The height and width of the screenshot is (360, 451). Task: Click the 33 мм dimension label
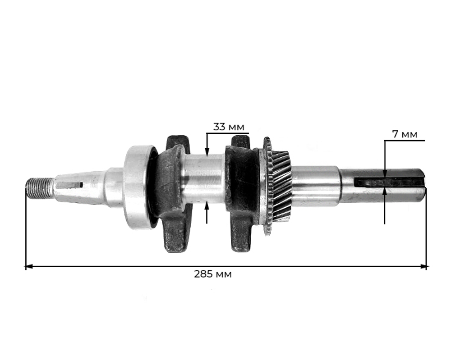(229, 127)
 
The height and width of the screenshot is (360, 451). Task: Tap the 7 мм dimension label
(405, 134)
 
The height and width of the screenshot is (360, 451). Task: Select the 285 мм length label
(212, 274)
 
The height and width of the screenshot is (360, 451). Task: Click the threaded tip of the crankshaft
(39, 188)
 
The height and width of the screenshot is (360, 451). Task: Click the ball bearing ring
(138, 187)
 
